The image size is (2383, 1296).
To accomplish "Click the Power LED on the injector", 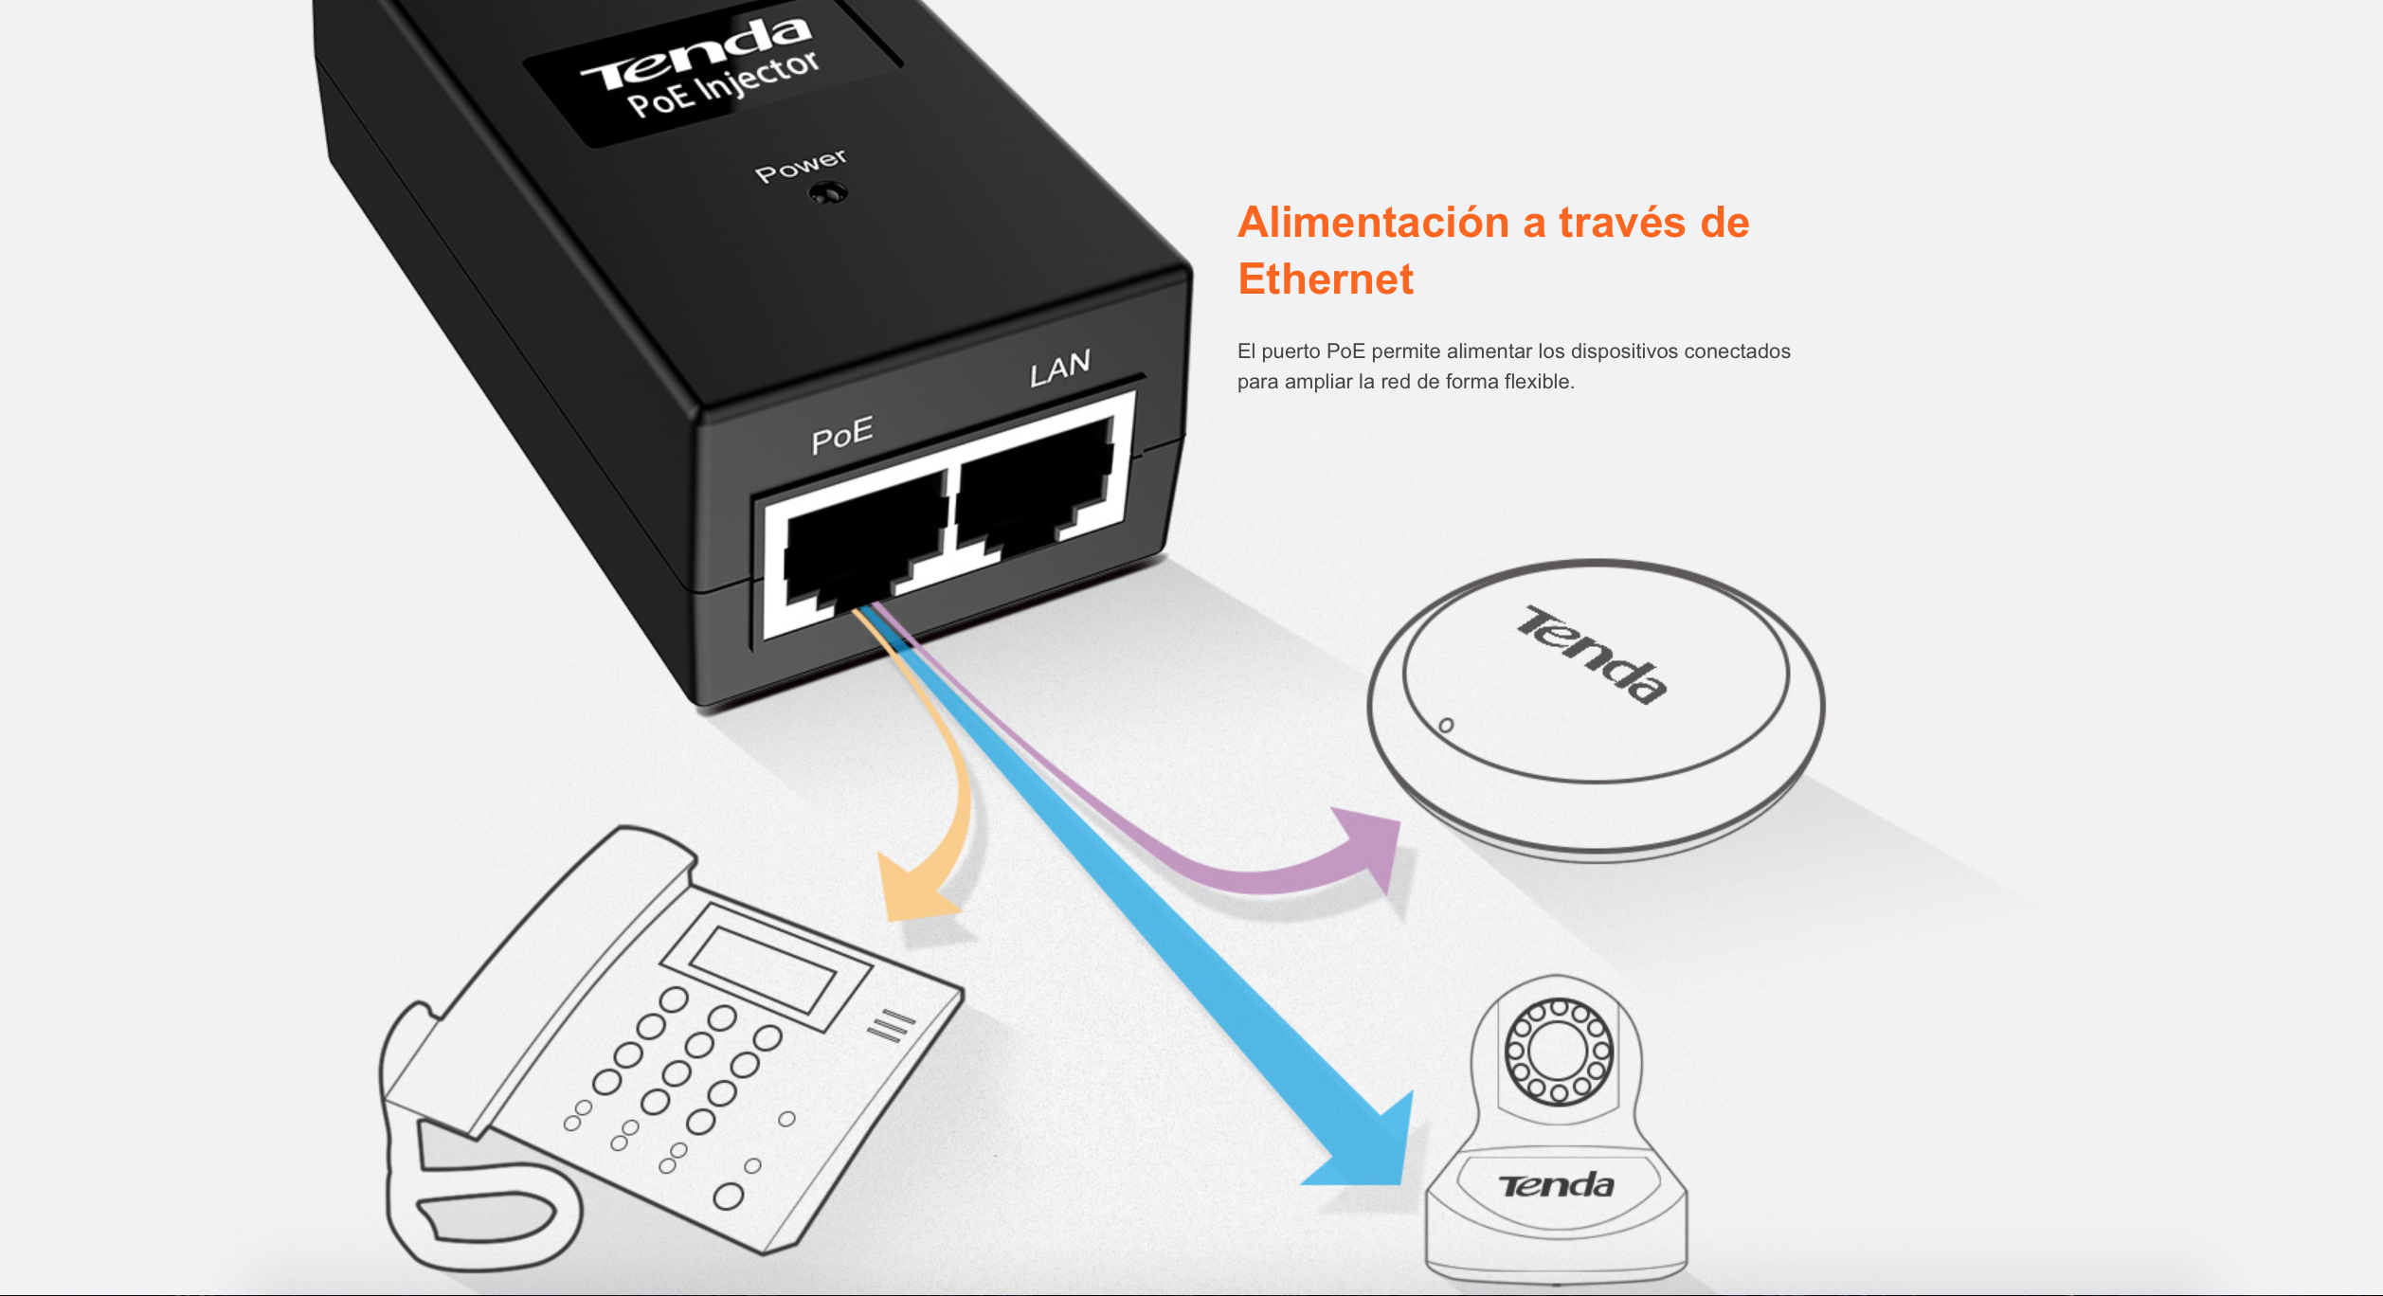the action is coord(829,194).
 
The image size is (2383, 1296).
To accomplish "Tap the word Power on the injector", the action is coord(801,166).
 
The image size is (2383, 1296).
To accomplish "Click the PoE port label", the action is coord(842,434).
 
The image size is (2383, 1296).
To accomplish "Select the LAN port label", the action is coord(1060,368).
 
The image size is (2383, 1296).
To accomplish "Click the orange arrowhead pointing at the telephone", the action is coord(913,886).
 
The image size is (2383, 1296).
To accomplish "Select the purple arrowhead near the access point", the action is coord(1369,846).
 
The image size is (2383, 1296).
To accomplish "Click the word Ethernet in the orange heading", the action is coord(1326,279).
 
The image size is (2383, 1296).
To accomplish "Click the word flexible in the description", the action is coord(1539,382).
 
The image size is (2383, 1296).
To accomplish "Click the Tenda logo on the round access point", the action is coord(1593,654).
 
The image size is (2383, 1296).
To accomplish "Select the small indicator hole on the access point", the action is coord(1446,726).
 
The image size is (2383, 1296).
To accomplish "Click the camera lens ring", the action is coord(1559,1052).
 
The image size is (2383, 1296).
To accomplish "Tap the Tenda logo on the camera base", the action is coord(1556,1185).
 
